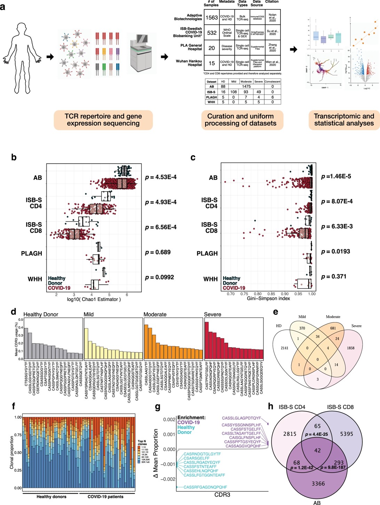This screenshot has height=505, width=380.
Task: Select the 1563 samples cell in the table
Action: [x=212, y=17]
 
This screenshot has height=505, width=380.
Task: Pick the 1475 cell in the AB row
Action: [x=246, y=86]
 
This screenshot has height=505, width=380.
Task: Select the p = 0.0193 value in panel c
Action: [x=335, y=251]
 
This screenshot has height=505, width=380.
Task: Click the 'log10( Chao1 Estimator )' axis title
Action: [x=94, y=300]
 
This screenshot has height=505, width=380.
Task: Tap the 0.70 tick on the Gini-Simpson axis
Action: [x=230, y=294]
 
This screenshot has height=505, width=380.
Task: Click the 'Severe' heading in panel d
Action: [x=213, y=314]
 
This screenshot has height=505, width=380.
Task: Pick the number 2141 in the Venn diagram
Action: [x=285, y=348]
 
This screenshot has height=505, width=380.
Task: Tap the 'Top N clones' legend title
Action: [x=142, y=443]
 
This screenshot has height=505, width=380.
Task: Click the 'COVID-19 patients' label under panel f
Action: [x=105, y=497]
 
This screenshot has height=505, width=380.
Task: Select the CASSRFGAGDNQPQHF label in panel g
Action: [x=205, y=487]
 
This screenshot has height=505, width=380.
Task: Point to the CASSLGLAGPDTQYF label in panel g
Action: [x=241, y=418]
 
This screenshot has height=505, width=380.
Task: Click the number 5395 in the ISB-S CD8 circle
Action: [x=346, y=434]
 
